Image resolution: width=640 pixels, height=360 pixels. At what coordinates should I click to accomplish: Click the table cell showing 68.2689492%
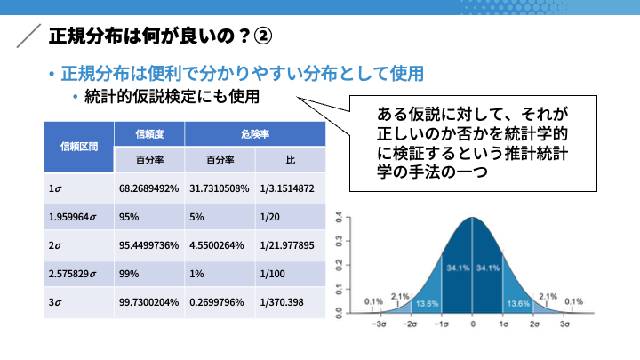tap(149, 188)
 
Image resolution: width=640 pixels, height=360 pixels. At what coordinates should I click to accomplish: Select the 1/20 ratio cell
tap(291, 217)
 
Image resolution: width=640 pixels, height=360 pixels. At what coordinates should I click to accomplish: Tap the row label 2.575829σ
tap(79, 274)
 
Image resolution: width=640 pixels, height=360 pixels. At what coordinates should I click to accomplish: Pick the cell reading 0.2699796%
tap(220, 302)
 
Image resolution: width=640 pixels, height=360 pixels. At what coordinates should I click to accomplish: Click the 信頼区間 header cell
tap(79, 147)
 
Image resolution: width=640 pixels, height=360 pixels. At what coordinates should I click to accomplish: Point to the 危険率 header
tap(255, 134)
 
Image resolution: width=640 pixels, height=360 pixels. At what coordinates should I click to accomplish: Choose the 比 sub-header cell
tap(291, 160)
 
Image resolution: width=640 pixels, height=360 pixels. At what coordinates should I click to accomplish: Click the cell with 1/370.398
tap(291, 302)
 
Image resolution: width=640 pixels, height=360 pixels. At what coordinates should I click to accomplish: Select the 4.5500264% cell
tap(220, 245)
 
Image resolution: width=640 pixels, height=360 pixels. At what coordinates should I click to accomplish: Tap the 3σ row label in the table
tap(79, 302)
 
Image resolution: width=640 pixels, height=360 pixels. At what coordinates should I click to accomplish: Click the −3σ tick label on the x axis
tap(380, 324)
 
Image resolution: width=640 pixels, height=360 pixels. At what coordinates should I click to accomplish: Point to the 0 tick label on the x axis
tap(473, 324)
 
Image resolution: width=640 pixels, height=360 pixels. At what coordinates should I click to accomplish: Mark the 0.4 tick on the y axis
tap(339, 218)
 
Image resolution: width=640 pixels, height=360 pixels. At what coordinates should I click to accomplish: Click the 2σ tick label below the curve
tap(534, 324)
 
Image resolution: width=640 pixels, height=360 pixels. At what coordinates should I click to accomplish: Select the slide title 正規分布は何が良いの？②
tap(160, 36)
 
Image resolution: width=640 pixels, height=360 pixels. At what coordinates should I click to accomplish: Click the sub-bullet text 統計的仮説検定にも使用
tap(172, 97)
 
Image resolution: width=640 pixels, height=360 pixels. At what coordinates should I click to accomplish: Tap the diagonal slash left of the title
tap(28, 36)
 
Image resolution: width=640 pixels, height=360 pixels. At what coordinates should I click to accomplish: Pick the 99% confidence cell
tap(149, 274)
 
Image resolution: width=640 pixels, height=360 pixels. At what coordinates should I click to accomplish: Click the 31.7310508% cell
tap(220, 188)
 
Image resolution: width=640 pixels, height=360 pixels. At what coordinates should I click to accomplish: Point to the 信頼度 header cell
tap(149, 134)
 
